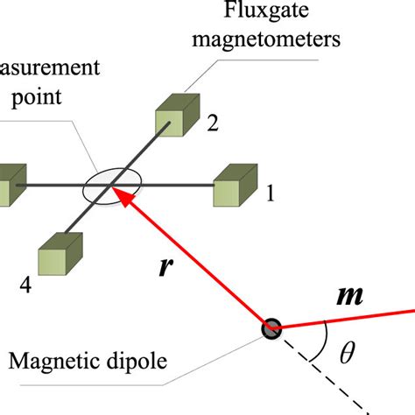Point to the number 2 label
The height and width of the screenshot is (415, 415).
pyautogui.click(x=211, y=124)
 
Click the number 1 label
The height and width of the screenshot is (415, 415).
pyautogui.click(x=270, y=195)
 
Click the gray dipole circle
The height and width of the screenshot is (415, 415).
pyautogui.click(x=271, y=328)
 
